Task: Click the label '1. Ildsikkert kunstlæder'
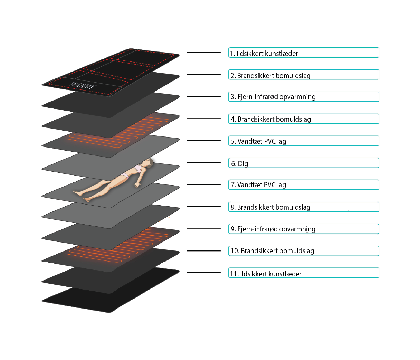(x=264, y=53)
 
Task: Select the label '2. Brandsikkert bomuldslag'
(x=271, y=75)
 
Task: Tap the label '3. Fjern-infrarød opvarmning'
(x=273, y=97)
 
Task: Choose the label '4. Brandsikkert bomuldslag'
(x=271, y=119)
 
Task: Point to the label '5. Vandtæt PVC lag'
(x=259, y=141)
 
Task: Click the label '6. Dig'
(x=240, y=163)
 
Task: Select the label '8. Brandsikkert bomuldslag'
(x=271, y=207)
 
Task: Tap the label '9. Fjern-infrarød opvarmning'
(x=273, y=229)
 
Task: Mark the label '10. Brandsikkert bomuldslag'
(x=273, y=251)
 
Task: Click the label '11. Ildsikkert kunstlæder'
(x=266, y=274)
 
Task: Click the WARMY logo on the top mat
(x=82, y=85)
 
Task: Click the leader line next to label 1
(x=204, y=53)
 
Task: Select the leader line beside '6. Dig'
(x=204, y=163)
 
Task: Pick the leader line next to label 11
(x=204, y=273)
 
